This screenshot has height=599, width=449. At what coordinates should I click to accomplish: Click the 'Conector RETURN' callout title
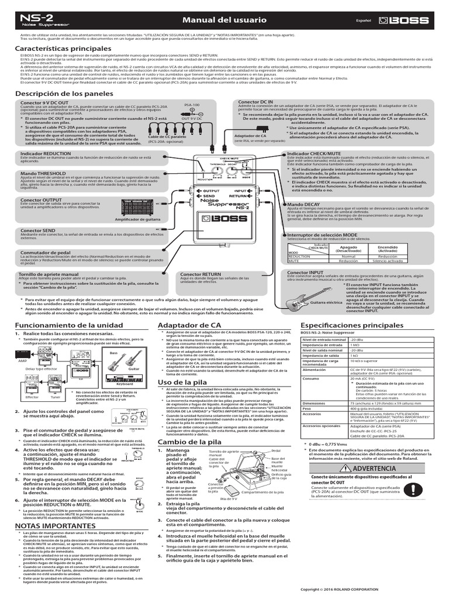click(201, 274)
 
